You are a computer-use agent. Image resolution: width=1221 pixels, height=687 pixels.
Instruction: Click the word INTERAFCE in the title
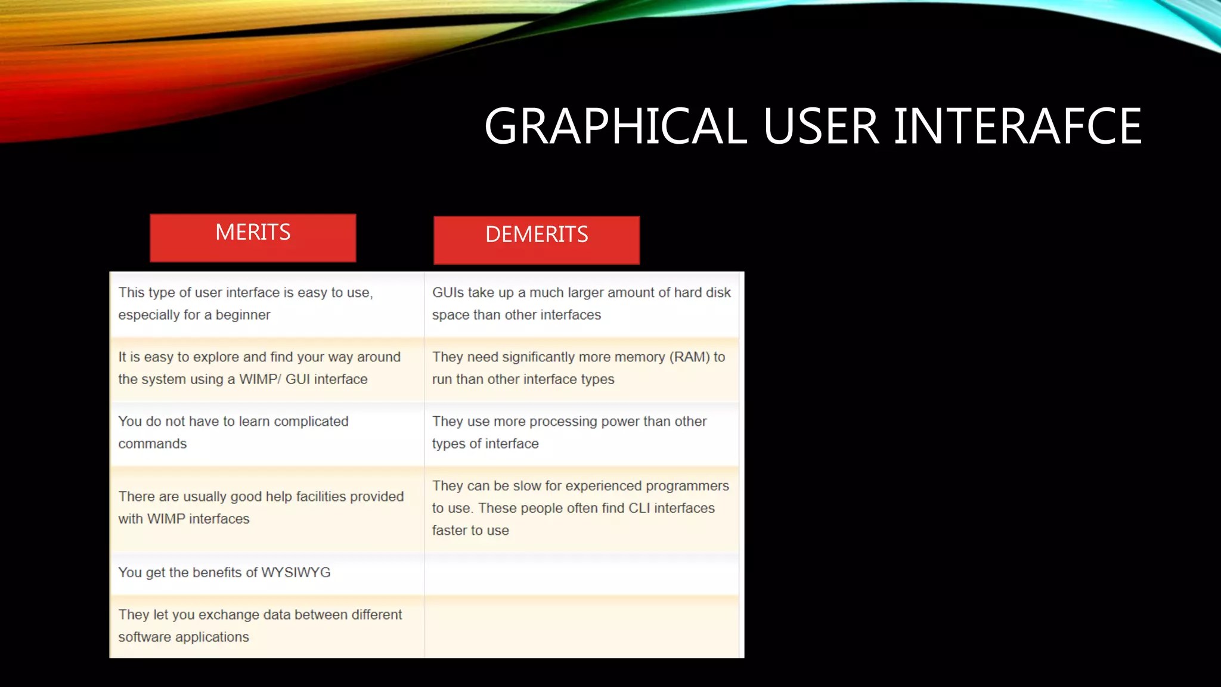(x=1017, y=126)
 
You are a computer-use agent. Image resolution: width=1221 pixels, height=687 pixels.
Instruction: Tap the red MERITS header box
(x=253, y=237)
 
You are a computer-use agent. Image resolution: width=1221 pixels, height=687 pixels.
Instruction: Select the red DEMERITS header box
(x=537, y=240)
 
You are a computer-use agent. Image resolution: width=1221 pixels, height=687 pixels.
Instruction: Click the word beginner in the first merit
(x=243, y=315)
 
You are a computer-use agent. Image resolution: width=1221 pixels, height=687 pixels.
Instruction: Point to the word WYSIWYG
(x=296, y=572)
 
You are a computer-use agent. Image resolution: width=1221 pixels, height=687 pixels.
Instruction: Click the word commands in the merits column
(x=153, y=444)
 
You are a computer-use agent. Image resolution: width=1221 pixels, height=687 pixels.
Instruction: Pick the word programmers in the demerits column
(x=687, y=486)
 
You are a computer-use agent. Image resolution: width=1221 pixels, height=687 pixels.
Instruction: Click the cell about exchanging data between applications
(x=266, y=626)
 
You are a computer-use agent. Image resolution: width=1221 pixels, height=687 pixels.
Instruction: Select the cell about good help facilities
(x=266, y=507)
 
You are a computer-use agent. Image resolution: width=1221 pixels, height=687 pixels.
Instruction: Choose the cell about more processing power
(x=581, y=432)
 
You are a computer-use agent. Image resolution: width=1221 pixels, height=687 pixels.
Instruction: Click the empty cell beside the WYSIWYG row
(x=581, y=573)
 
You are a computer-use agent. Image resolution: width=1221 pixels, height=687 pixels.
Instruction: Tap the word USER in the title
(x=820, y=126)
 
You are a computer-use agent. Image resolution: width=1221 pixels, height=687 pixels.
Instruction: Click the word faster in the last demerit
(x=450, y=531)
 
